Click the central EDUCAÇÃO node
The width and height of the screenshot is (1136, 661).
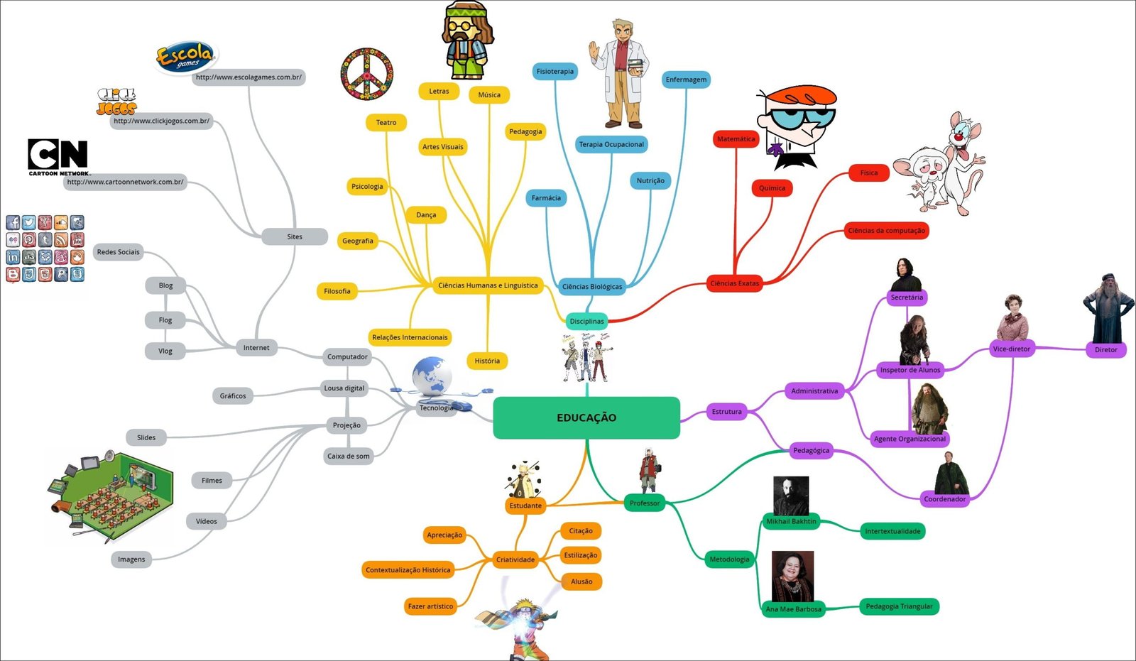point(586,417)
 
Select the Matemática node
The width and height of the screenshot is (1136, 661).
point(736,139)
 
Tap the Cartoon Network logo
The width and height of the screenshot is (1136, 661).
point(58,156)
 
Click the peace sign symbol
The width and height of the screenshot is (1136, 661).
point(367,74)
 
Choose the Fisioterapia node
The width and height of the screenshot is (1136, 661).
point(555,72)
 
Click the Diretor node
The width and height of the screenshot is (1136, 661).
point(1105,350)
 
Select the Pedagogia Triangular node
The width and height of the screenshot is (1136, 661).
point(899,606)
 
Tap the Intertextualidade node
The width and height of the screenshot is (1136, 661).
point(892,531)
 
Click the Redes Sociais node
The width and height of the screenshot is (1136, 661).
point(118,252)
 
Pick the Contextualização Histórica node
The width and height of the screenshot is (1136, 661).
point(408,570)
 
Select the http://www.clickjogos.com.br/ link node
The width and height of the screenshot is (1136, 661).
point(161,121)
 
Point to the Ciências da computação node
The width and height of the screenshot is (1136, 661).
point(886,231)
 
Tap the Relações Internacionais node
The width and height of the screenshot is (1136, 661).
point(410,337)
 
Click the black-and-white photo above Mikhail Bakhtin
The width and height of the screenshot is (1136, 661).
point(790,495)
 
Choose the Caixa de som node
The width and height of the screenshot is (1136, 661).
point(348,457)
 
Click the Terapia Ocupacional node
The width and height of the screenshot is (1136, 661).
point(611,145)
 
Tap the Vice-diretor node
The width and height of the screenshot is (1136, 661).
point(1011,349)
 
